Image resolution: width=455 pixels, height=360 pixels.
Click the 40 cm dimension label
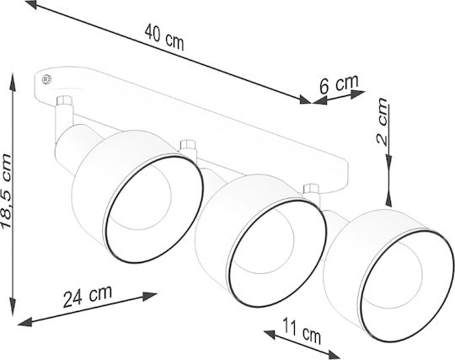164,37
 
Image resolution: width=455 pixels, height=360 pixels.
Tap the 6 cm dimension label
339,83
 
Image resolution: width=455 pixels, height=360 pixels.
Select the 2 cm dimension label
382,121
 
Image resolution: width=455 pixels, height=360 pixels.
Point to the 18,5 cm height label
7,191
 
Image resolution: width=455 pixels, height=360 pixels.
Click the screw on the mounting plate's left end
46,79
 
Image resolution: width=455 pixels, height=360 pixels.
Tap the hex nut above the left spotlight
64,100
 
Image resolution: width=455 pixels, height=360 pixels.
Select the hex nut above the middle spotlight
189,145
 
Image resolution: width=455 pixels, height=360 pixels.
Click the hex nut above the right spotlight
311,189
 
